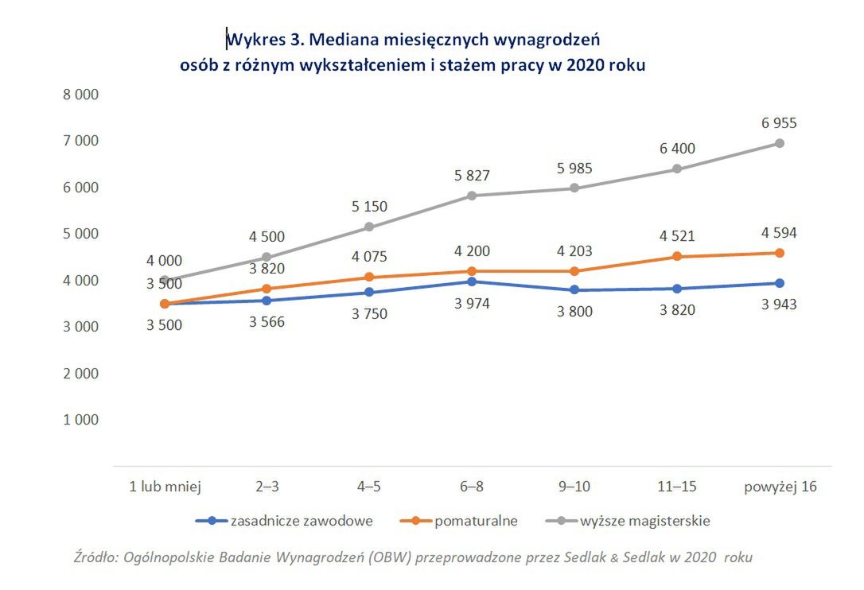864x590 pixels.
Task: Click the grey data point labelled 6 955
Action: click(780, 143)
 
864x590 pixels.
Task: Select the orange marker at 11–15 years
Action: click(677, 256)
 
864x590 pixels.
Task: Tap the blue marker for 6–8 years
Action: click(472, 281)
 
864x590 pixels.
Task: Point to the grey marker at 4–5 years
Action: click(369, 227)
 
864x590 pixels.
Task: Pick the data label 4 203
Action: click(574, 251)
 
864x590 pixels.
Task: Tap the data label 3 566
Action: click(267, 322)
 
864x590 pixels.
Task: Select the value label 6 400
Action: click(677, 149)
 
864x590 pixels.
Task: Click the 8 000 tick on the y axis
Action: click(80, 95)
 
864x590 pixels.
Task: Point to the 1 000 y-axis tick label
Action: click(80, 419)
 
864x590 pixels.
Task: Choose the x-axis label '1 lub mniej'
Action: click(165, 487)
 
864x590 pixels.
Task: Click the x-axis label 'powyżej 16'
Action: click(780, 487)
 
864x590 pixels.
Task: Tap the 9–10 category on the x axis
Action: click(574, 487)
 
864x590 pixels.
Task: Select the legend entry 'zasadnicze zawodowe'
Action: click(301, 522)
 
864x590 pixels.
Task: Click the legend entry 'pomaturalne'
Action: click(476, 522)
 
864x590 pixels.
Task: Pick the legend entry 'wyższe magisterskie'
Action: click(644, 522)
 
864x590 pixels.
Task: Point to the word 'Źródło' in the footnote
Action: click(94, 557)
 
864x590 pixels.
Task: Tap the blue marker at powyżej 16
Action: click(780, 283)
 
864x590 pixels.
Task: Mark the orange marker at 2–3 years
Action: click(267, 289)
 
